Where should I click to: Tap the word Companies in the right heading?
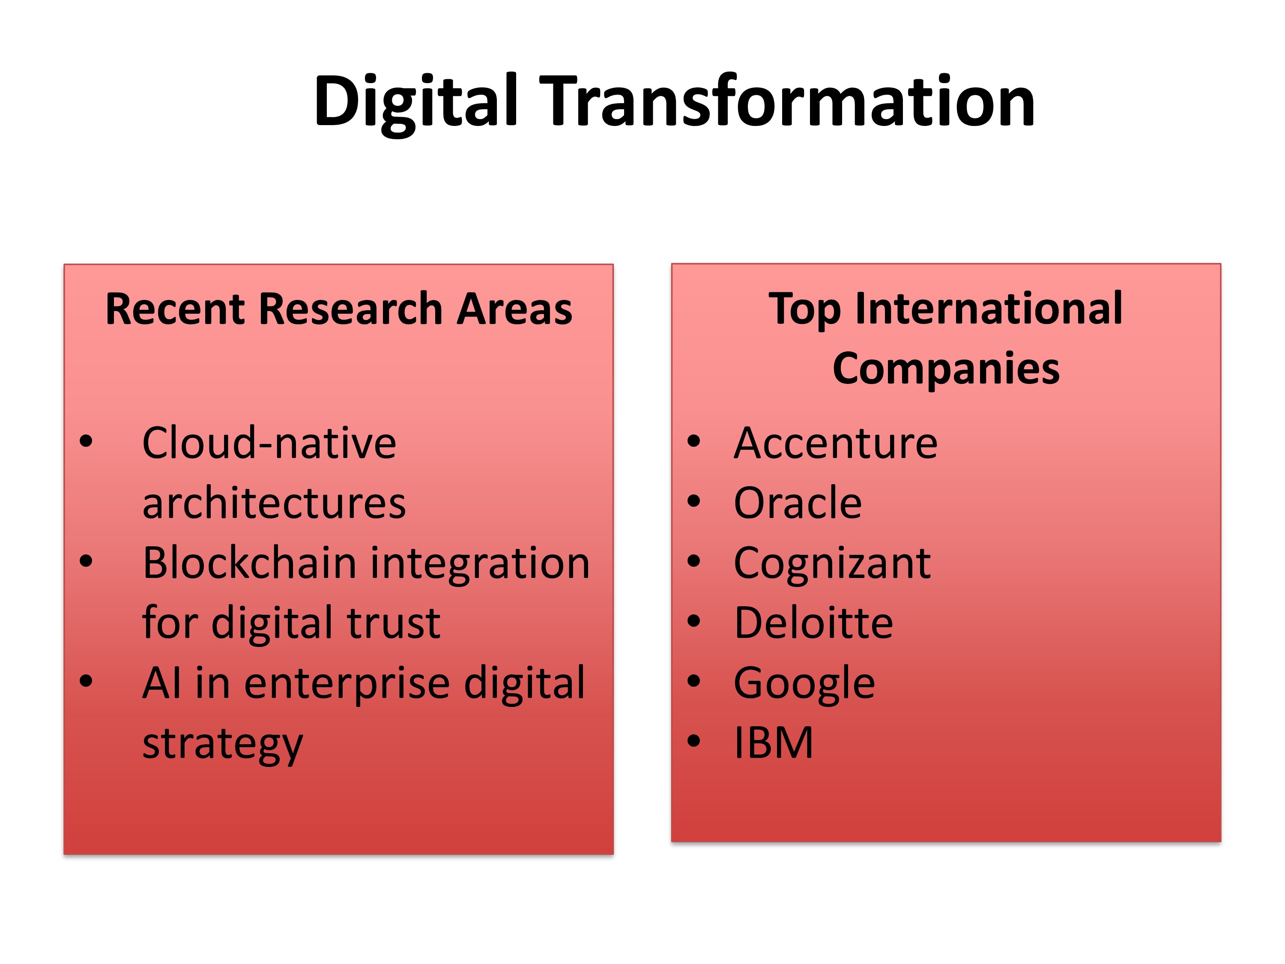point(946,369)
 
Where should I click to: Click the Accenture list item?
point(835,443)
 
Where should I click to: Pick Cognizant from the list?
point(832,564)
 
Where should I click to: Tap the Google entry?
point(804,684)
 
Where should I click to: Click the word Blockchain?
point(250,563)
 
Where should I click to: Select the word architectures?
point(274,503)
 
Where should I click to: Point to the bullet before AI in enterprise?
point(86,681)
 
